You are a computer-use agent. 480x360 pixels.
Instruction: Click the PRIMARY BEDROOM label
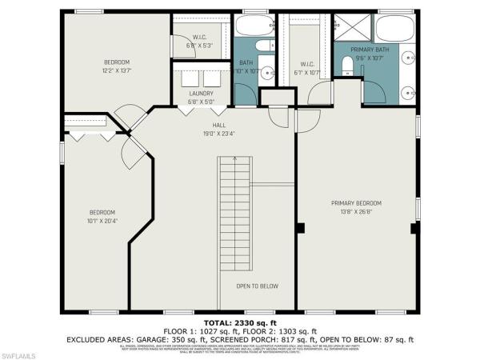click(x=356, y=203)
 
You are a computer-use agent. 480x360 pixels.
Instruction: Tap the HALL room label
click(x=212, y=126)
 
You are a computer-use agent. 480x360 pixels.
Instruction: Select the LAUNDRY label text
click(x=201, y=93)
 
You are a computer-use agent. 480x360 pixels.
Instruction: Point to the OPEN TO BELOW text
click(x=258, y=286)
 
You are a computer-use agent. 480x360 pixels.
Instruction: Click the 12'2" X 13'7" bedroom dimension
click(x=116, y=70)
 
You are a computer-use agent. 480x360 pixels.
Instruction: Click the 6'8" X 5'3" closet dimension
click(x=201, y=46)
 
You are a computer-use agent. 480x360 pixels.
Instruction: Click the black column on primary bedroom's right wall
click(x=414, y=228)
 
